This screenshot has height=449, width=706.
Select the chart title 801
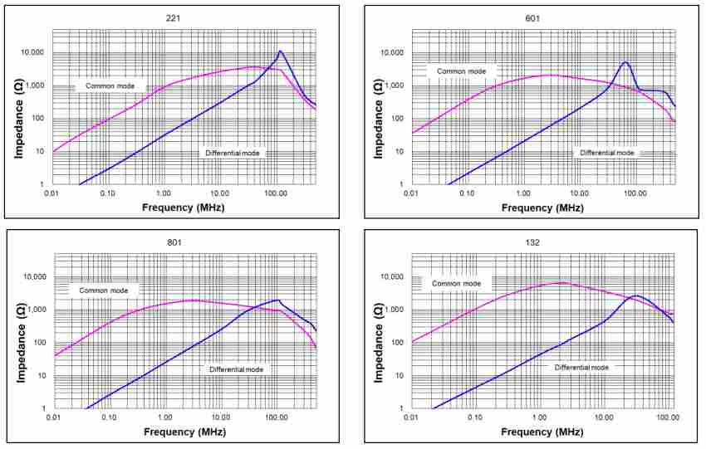(174, 242)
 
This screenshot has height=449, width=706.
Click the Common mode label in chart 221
(110, 85)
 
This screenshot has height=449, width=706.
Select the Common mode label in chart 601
(461, 71)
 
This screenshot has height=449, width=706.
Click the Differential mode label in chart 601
(606, 153)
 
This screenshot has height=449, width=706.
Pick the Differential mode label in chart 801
(236, 368)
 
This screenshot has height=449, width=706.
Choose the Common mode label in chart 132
(456, 283)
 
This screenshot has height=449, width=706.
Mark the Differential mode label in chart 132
(581, 367)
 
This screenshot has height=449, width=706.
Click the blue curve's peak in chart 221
(281, 51)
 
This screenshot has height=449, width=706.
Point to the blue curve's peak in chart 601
(625, 62)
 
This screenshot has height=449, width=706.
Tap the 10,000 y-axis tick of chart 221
(32, 52)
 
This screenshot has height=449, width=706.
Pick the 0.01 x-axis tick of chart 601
(411, 193)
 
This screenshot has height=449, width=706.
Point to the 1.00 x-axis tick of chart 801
(165, 417)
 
